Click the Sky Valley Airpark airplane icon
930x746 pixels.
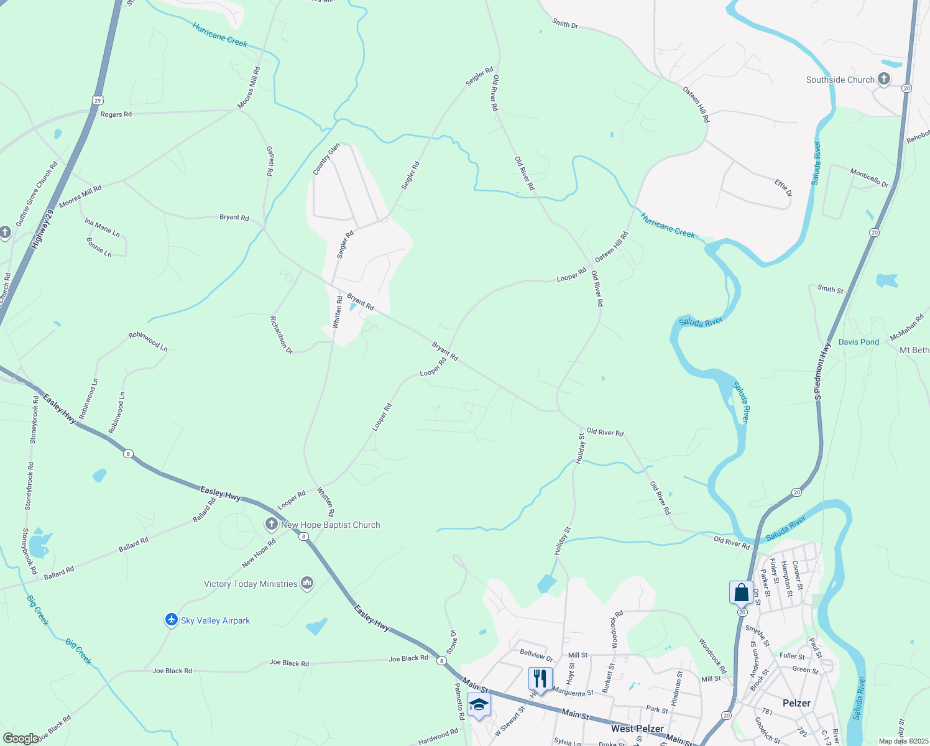[172, 620]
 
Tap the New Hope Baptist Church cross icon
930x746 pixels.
[271, 525]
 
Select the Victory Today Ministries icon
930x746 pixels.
[306, 583]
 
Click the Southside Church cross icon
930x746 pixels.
[883, 79]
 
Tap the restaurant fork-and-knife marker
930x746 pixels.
[540, 678]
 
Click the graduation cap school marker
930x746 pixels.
[478, 704]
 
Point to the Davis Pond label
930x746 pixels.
[859, 342]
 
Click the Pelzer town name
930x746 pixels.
[796, 703]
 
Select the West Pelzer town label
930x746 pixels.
[637, 729]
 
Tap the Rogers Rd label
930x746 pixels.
[116, 114]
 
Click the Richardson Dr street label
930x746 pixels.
[281, 335]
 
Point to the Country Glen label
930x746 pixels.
[326, 159]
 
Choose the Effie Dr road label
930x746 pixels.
[783, 188]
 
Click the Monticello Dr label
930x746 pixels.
[870, 178]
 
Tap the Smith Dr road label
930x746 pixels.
[565, 24]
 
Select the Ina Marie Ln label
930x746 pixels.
[103, 227]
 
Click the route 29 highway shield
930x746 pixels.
[98, 99]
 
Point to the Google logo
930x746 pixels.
[21, 739]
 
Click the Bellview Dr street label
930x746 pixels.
[536, 656]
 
